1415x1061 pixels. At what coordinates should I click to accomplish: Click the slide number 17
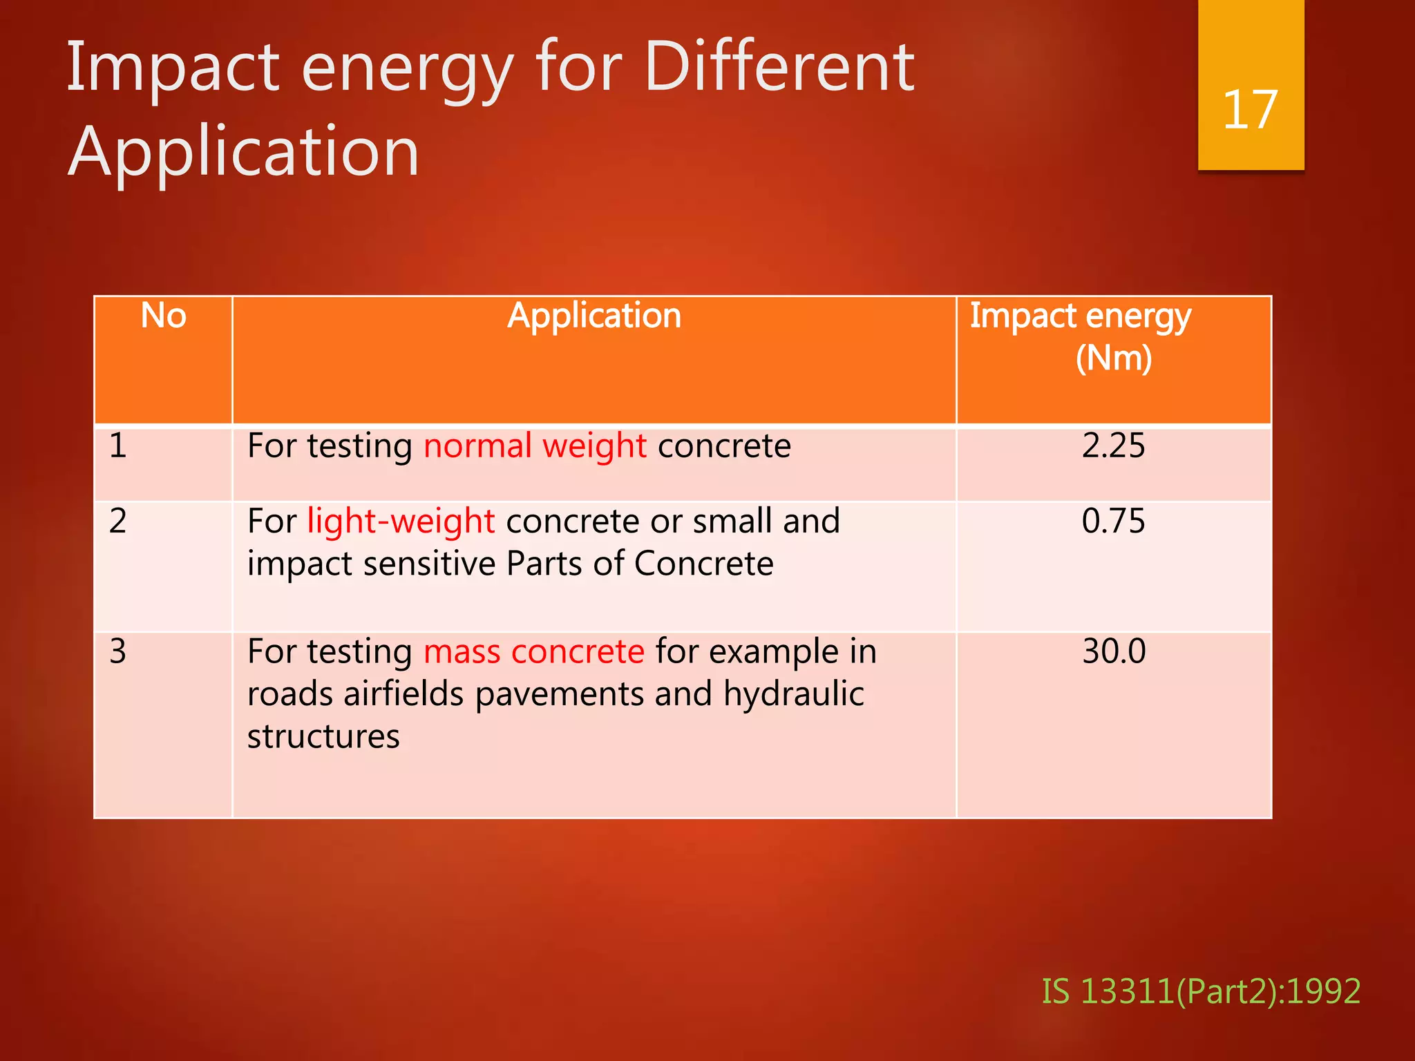(1250, 110)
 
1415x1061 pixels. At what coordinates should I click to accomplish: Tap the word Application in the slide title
(243, 152)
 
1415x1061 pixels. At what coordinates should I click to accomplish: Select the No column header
(164, 316)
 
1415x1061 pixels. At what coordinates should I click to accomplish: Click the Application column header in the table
(594, 316)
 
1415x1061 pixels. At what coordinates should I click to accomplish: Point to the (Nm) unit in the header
(1114, 358)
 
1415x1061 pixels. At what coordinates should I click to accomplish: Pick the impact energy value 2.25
(1113, 446)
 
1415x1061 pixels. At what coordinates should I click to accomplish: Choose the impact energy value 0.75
(1113, 521)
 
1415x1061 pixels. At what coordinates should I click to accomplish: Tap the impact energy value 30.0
(1114, 651)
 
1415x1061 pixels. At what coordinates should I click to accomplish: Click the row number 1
(118, 446)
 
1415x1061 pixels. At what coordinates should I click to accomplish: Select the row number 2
(118, 521)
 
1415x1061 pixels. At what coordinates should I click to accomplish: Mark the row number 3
(118, 651)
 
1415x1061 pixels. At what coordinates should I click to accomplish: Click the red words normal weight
(535, 446)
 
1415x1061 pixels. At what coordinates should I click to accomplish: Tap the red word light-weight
(401, 522)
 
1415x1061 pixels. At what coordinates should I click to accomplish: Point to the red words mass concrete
(533, 652)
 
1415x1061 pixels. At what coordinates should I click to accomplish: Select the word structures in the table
(323, 737)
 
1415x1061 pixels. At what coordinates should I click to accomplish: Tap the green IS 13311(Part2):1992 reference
(1201, 991)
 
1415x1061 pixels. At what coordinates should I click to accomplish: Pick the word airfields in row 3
(403, 694)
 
